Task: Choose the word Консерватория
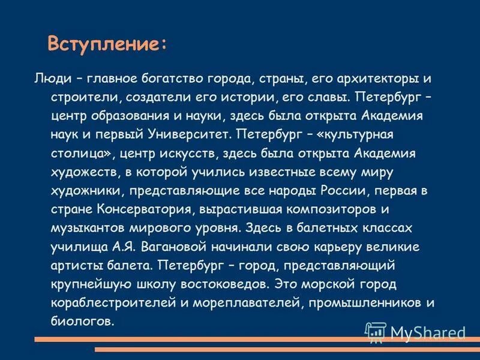138,209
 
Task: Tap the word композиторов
329,209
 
